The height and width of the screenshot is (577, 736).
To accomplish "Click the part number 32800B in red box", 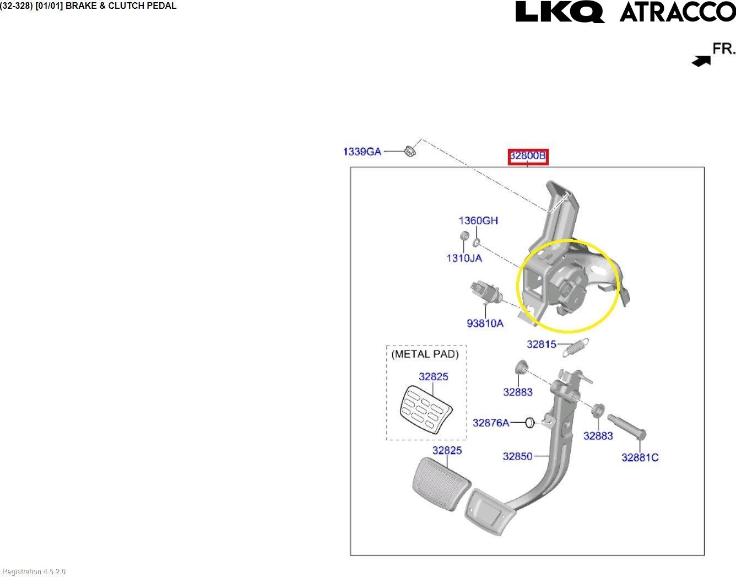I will [x=527, y=156].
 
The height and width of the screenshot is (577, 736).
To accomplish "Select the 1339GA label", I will [x=362, y=151].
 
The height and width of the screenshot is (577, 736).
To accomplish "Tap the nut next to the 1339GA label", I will [x=409, y=150].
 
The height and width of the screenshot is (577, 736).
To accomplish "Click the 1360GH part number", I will [x=478, y=220].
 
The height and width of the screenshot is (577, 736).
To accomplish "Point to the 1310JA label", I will [x=464, y=258].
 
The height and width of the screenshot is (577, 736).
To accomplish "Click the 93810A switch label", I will [x=485, y=323].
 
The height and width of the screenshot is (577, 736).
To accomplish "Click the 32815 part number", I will [x=541, y=344].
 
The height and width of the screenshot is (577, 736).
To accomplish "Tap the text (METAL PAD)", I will [x=425, y=354].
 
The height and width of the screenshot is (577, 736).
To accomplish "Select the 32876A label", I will [x=491, y=423].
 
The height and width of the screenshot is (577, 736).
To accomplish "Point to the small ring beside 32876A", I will [x=529, y=423].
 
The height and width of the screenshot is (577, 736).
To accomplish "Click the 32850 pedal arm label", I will [x=517, y=456].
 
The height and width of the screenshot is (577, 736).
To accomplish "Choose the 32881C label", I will [x=640, y=457].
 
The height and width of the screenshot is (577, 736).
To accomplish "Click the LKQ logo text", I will [x=559, y=12].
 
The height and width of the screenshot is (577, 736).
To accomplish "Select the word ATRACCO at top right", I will [x=677, y=12].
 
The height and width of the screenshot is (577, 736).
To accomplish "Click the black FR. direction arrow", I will [x=701, y=61].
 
